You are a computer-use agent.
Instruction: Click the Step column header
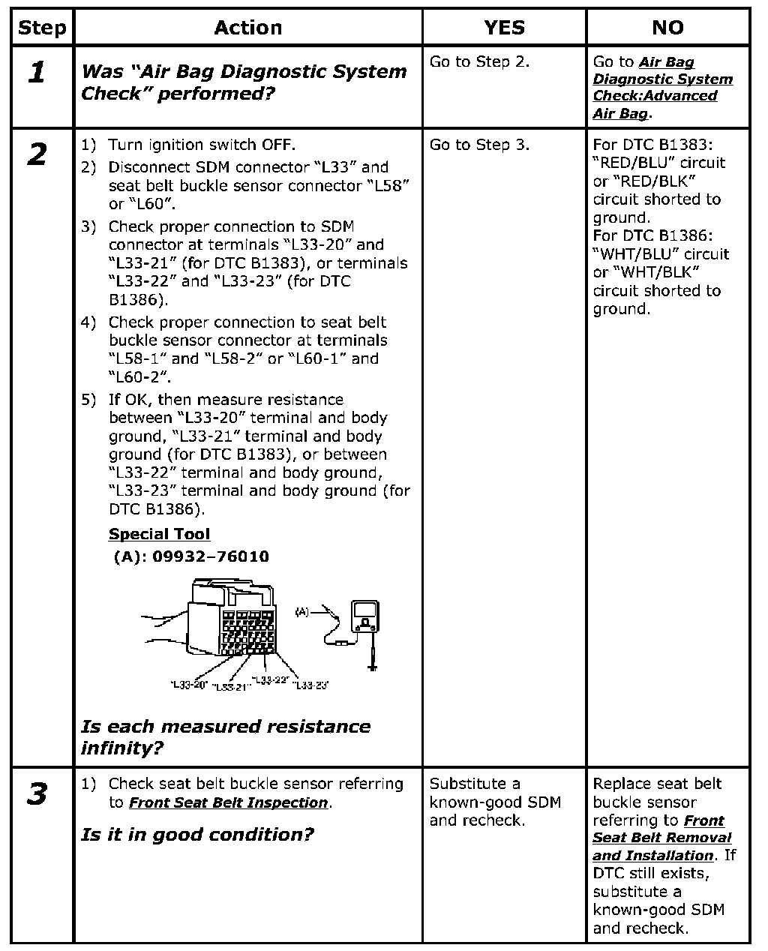42,28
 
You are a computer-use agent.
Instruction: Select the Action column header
248,28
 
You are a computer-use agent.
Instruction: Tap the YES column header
504,28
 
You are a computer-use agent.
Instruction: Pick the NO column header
667,28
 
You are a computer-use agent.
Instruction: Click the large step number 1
37,73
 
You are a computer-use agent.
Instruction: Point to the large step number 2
37,155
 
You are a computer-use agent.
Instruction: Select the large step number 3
37,794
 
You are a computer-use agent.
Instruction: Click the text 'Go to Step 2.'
479,62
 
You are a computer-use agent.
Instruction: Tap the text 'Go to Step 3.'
479,145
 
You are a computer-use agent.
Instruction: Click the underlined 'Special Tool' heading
159,534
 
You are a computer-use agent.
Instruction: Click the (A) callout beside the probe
301,612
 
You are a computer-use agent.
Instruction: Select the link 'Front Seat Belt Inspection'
228,802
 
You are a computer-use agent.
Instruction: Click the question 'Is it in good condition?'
196,835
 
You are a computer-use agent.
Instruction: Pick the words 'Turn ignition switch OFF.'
202,145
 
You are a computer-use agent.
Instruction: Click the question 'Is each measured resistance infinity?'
225,736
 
